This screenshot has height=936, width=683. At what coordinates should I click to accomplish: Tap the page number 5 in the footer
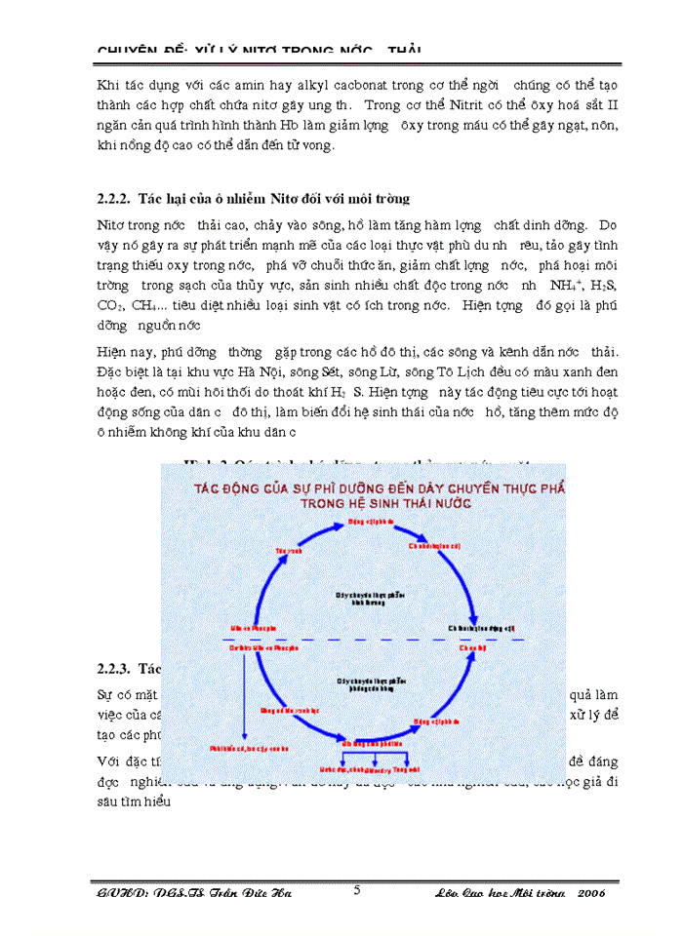[357, 890]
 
